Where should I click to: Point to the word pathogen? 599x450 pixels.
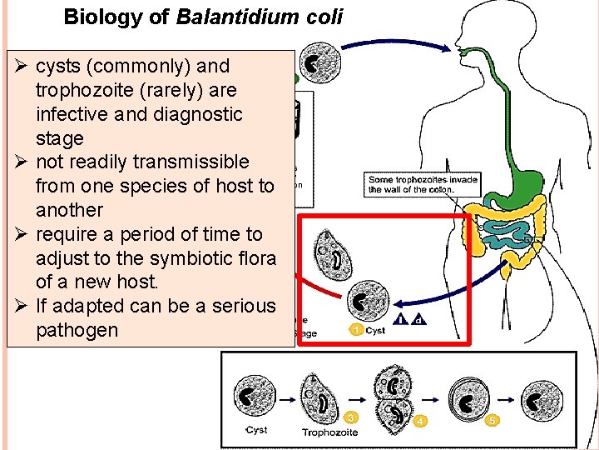point(77,330)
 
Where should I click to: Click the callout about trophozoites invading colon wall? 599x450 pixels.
point(423,184)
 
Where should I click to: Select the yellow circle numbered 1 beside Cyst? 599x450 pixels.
point(356,330)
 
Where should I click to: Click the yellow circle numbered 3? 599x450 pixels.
point(352,417)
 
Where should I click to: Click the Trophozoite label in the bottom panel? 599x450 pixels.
point(329,432)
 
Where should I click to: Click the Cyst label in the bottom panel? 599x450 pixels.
point(256,430)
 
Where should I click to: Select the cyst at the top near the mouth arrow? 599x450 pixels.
point(314,64)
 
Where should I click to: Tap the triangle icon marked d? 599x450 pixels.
point(418,319)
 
